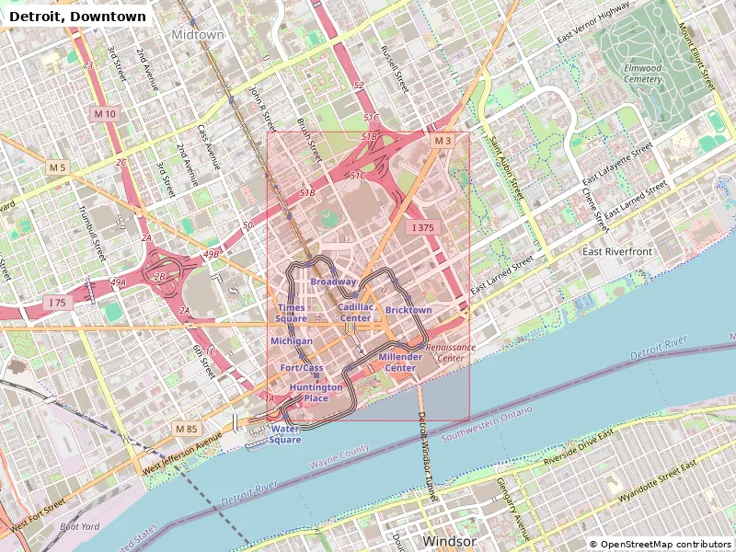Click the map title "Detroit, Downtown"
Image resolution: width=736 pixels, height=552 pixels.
coord(77,17)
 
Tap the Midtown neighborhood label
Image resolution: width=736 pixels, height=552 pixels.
coord(198,35)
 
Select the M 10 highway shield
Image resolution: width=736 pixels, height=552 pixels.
coord(105,114)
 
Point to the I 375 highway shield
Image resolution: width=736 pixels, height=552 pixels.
coord(422,227)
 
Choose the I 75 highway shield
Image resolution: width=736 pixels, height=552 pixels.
coord(57,303)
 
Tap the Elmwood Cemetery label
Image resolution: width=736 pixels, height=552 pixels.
coord(642,74)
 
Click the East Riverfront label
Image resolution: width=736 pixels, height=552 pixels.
coord(617,251)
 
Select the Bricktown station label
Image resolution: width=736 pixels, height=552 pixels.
coord(408,310)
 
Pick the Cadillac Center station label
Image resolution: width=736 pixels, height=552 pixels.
coord(356,313)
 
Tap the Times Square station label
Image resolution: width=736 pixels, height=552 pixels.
coord(292,313)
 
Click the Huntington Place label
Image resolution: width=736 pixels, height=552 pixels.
coord(316,393)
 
